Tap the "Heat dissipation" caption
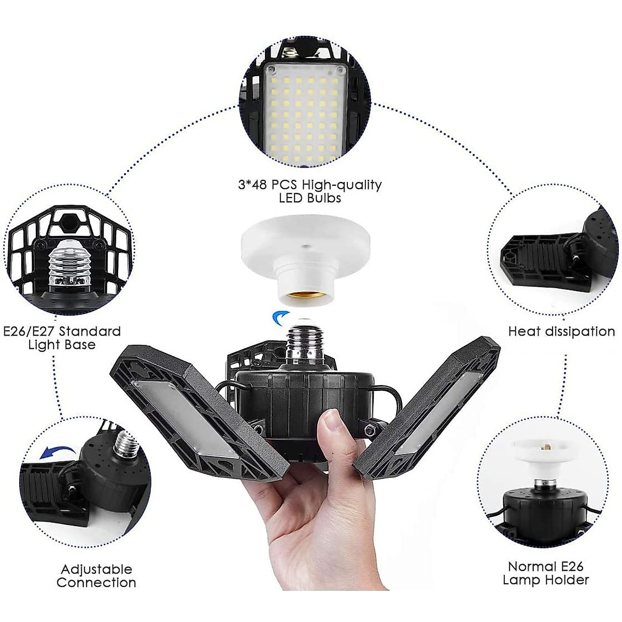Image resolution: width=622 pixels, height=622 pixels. coord(561,331)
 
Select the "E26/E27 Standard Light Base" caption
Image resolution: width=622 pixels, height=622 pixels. coord(62,337)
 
